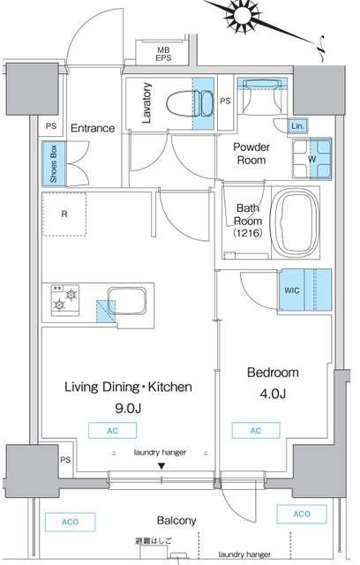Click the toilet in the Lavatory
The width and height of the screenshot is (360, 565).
pyautogui.click(x=190, y=103)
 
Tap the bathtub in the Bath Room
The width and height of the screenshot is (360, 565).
pyautogui.click(x=295, y=222)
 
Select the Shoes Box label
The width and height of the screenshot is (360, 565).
pyautogui.click(x=54, y=163)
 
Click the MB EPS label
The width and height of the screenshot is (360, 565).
pyautogui.click(x=163, y=54)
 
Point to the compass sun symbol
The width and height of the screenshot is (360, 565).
pyautogui.click(x=242, y=17)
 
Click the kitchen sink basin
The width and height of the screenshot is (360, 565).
pyautogui.click(x=127, y=301)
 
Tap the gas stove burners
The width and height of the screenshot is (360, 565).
pyautogui.click(x=64, y=300)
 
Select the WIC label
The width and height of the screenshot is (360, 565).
pyautogui.click(x=291, y=290)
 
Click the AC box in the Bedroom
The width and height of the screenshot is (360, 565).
pyautogui.click(x=256, y=431)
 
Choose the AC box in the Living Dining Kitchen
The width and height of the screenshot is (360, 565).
pyautogui.click(x=112, y=431)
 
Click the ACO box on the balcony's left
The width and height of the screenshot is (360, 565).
pyautogui.click(x=70, y=522)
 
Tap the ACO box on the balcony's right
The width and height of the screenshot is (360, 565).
pyautogui.click(x=302, y=514)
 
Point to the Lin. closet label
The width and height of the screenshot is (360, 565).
pyautogui.click(x=297, y=126)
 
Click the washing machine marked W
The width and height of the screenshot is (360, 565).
pyautogui.click(x=311, y=159)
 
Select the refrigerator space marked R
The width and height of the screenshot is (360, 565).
pyautogui.click(x=64, y=214)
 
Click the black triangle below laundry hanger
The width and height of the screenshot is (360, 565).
pyautogui.click(x=161, y=466)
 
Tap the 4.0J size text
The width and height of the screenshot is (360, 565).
pyautogui.click(x=273, y=394)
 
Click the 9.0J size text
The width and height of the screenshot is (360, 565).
pyautogui.click(x=128, y=408)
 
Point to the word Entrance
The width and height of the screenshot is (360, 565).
pyautogui.click(x=93, y=128)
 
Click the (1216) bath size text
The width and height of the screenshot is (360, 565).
pyautogui.click(x=248, y=233)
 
